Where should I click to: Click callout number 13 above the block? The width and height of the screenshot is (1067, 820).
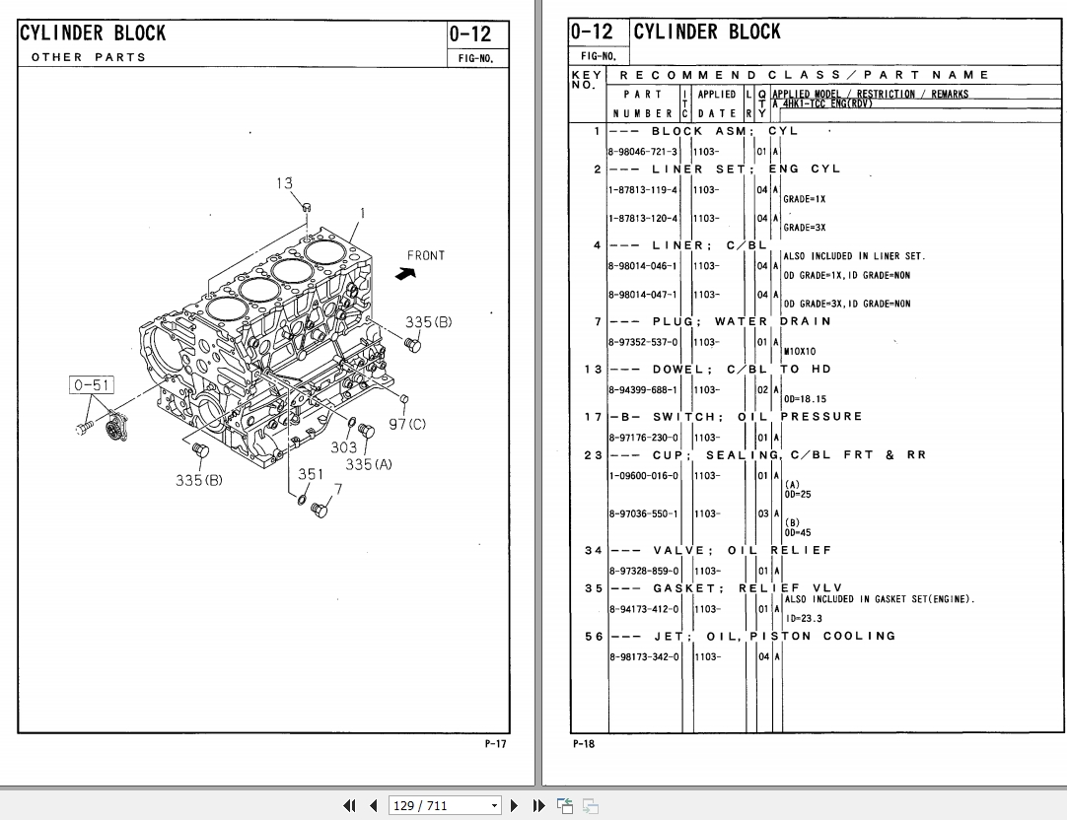click(284, 182)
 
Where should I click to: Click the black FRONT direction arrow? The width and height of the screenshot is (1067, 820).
click(404, 274)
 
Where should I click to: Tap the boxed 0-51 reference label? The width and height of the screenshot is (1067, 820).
click(91, 385)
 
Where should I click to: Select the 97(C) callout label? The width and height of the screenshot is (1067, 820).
click(407, 424)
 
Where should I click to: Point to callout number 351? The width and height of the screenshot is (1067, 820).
click(311, 474)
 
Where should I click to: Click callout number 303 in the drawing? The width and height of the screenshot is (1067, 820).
click(343, 447)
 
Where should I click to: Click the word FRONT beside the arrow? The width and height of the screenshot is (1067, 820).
click(426, 255)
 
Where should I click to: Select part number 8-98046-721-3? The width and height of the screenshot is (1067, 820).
click(643, 152)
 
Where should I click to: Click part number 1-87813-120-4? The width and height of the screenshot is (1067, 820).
click(643, 219)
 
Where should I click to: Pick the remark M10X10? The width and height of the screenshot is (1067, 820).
click(800, 351)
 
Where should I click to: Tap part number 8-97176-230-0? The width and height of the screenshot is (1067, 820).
click(643, 438)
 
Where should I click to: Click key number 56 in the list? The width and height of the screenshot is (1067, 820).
click(592, 637)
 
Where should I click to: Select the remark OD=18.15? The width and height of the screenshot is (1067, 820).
click(806, 399)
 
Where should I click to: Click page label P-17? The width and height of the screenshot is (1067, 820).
click(495, 744)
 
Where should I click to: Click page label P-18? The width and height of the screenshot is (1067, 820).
click(583, 744)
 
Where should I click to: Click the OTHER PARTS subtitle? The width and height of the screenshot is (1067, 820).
click(89, 57)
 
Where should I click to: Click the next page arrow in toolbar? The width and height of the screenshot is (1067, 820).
click(514, 805)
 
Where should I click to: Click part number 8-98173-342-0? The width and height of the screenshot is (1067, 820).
click(643, 657)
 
